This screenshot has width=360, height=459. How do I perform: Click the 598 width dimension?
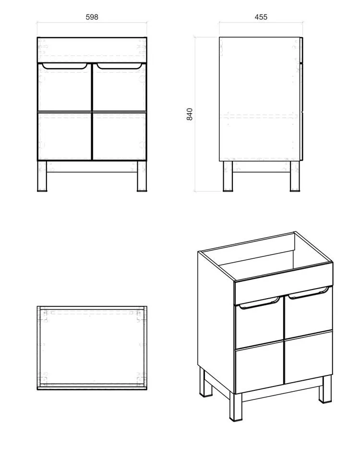[x=92, y=17]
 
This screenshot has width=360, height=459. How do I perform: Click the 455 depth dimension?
[x=261, y=17]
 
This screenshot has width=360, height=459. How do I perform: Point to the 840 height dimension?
[x=190, y=114]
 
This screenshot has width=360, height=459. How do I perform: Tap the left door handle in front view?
[x=65, y=66]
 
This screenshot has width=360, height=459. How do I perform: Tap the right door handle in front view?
[x=120, y=66]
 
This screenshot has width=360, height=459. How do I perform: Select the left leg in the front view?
[x=42, y=176]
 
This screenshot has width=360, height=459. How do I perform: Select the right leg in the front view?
[x=142, y=176]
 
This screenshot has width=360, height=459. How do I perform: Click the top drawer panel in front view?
[x=92, y=50]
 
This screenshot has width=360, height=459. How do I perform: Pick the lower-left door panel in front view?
[x=65, y=136]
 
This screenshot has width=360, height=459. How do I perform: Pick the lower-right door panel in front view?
[x=120, y=136]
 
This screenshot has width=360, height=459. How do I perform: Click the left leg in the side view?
[x=228, y=176]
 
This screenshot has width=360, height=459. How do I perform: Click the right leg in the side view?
[x=295, y=176]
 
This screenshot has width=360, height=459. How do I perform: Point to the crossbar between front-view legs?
[x=92, y=167]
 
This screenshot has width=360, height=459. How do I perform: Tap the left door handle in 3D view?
[x=259, y=303]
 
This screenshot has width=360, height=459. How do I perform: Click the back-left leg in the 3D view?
[x=204, y=382]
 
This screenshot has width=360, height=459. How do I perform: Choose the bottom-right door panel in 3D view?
[x=308, y=357]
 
